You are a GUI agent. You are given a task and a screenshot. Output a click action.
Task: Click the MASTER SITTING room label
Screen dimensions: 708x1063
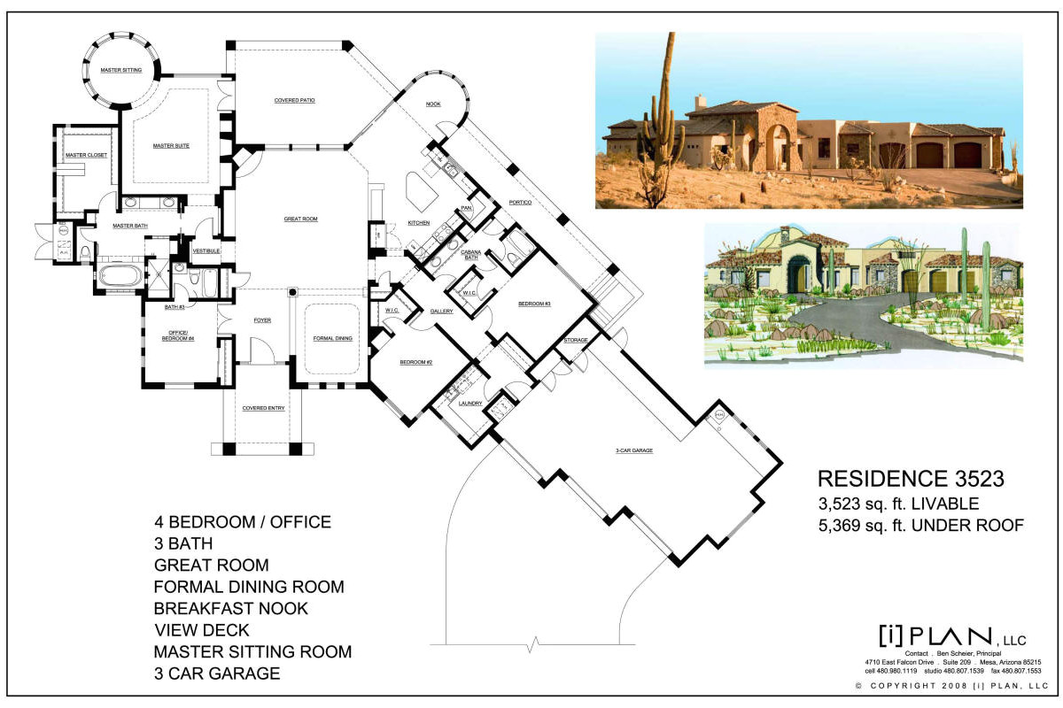coord(120,68)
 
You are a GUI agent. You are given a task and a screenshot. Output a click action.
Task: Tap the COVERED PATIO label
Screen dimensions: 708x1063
coord(294,100)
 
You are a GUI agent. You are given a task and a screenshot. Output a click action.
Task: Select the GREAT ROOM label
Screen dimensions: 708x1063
coord(300,219)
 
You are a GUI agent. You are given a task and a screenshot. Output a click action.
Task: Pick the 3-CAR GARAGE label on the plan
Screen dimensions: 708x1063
coord(633,450)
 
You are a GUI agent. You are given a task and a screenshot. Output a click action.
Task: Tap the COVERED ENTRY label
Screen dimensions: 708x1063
coord(263,408)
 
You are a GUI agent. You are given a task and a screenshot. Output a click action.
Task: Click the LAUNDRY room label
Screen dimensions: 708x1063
coord(469,403)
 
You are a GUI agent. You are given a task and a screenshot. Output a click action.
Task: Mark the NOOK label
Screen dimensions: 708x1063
coord(433,104)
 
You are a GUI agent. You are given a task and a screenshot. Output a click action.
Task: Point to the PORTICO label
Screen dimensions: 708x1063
coord(520,204)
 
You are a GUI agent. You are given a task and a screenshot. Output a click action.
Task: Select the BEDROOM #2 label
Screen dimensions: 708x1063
coord(415,363)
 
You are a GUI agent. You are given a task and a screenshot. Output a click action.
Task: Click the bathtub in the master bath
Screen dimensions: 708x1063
coord(119,275)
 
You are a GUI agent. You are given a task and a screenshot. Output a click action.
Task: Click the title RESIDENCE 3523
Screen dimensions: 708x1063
coord(910,479)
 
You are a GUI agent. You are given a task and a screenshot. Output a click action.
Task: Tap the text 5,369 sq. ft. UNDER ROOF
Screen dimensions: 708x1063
coord(920,526)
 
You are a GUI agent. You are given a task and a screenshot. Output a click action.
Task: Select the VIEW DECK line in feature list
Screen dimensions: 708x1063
coord(201,630)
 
